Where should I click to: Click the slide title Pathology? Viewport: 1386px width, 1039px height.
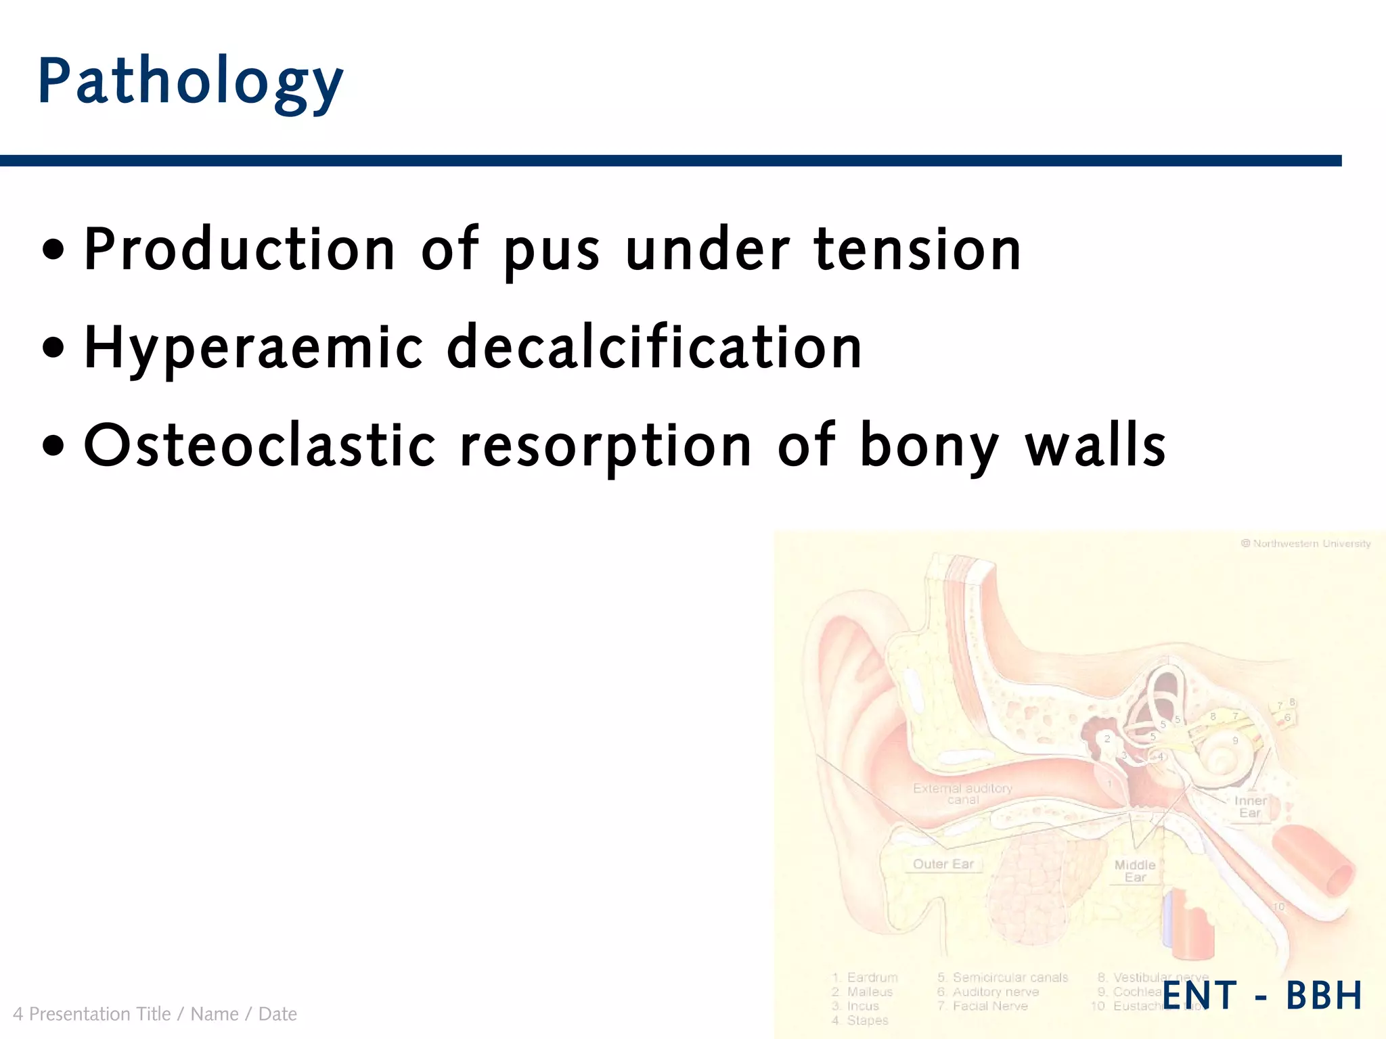click(x=191, y=83)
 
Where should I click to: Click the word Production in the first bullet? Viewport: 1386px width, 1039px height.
click(x=240, y=250)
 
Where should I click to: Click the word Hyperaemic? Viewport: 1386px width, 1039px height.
click(x=254, y=348)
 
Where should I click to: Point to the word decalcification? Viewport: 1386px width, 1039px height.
click(x=654, y=347)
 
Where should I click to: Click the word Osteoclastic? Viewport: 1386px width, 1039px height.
click(x=260, y=446)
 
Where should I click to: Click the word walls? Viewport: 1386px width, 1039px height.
click(x=1096, y=446)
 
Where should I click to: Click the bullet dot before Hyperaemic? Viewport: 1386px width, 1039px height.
click(x=53, y=348)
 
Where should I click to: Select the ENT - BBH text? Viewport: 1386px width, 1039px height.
click(x=1262, y=995)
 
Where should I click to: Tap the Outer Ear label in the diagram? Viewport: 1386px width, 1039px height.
click(x=943, y=864)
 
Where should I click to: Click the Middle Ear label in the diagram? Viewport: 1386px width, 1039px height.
click(x=1135, y=871)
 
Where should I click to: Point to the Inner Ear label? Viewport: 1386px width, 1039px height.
click(x=1250, y=806)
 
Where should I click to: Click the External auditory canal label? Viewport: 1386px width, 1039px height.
click(x=962, y=793)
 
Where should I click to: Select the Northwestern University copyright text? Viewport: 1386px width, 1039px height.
click(x=1305, y=543)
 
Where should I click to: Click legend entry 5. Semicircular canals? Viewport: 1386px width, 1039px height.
click(x=1002, y=977)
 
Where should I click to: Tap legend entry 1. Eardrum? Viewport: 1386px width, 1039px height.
click(x=866, y=977)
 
